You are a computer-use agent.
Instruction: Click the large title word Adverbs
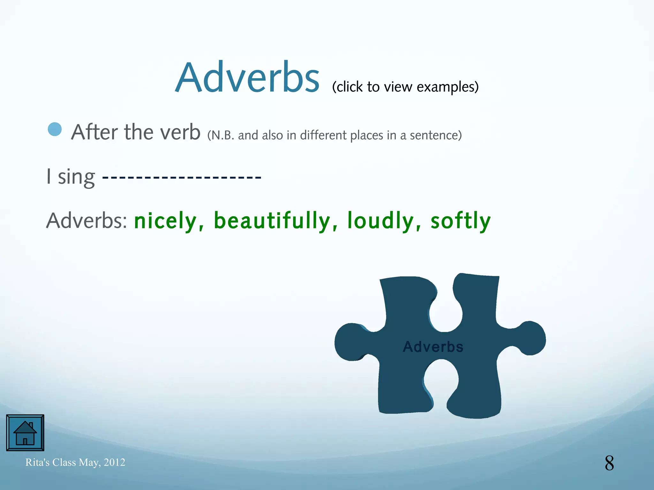point(247,78)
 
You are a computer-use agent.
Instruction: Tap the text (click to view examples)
point(405,87)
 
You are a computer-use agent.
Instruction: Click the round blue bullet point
point(55,129)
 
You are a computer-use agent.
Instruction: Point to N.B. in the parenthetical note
point(223,135)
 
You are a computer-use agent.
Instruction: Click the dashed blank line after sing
point(182,176)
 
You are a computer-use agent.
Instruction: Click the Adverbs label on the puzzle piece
point(433,347)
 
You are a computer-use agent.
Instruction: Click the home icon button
point(25,433)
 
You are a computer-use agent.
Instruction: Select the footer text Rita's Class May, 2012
point(75,462)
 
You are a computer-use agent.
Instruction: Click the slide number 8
point(609,463)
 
